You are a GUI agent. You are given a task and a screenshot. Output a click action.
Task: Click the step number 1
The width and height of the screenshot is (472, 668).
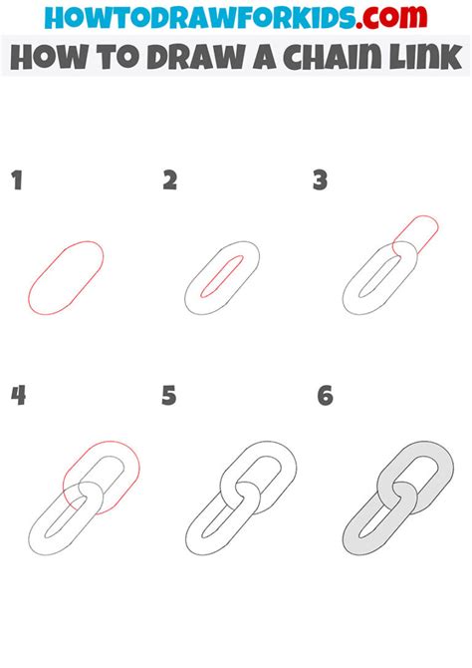(16, 180)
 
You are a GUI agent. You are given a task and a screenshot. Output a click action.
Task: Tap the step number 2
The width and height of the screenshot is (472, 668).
(169, 180)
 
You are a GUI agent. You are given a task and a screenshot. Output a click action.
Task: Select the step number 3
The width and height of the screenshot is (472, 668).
(321, 180)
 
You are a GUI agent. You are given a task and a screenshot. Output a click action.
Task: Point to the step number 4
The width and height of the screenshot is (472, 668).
(18, 396)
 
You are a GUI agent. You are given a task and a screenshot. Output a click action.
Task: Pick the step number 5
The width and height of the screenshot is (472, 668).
(169, 396)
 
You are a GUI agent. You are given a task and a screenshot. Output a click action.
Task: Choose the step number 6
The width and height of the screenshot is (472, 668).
(325, 396)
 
